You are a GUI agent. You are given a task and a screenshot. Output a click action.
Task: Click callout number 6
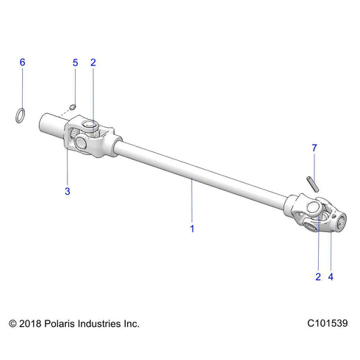tap(22, 62)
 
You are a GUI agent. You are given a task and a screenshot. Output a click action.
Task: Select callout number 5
tap(75, 62)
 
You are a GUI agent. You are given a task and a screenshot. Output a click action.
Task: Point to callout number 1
tap(192, 228)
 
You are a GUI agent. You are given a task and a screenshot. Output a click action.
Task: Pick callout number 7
tap(314, 148)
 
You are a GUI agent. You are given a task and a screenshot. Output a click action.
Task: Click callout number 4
tap(331, 277)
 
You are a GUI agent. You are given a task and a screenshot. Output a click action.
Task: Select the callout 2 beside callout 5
tap(93, 62)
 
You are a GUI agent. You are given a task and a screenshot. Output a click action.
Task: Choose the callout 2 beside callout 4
tap(317, 277)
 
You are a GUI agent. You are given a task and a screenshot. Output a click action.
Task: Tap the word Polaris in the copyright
tap(62, 323)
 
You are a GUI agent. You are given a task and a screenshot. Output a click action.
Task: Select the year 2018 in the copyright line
tap(32, 323)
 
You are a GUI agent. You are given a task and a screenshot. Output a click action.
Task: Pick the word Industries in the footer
tap(103, 323)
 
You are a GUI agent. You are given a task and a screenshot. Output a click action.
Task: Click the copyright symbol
tap(12, 323)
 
